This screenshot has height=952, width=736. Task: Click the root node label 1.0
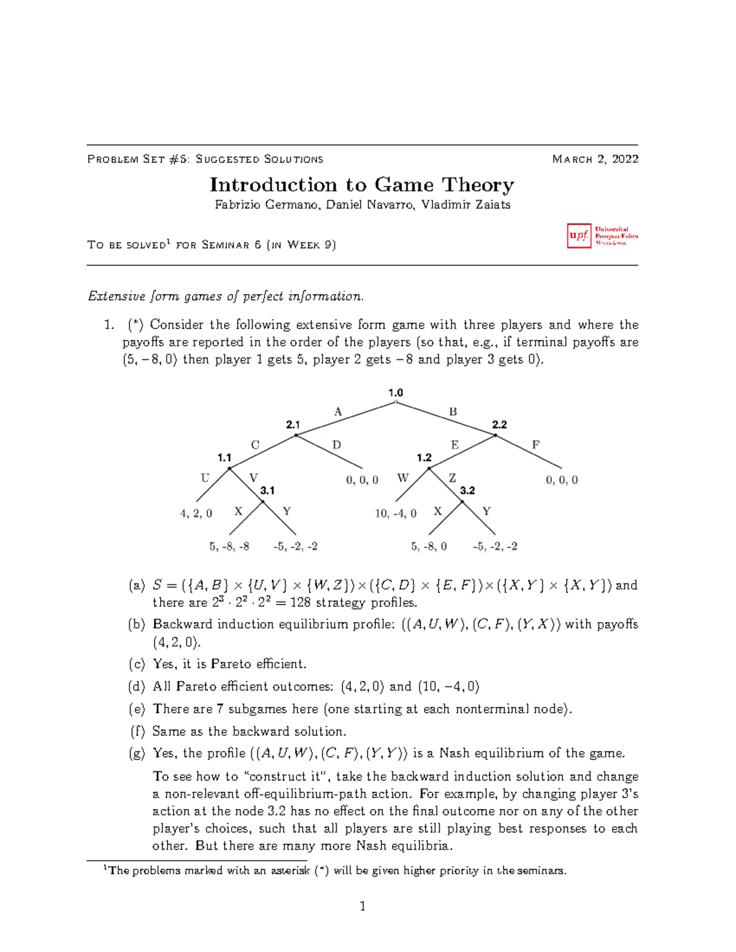[x=396, y=393]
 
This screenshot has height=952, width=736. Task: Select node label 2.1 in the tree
[x=293, y=424]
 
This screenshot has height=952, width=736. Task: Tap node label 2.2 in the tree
[x=499, y=424]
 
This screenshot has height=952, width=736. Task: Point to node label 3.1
[x=267, y=490]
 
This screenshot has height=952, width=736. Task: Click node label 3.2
[x=467, y=490]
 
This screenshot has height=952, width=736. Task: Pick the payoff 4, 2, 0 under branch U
[x=196, y=514]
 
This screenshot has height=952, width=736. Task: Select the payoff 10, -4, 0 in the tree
[x=396, y=514]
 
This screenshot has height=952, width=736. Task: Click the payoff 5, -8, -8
[x=229, y=546]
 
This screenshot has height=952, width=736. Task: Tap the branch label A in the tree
[x=337, y=412]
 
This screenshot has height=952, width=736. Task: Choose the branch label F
[x=535, y=445]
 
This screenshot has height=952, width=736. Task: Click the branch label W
[x=402, y=478]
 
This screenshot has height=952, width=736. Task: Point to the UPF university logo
[x=602, y=236]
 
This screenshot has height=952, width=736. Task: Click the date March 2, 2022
[x=595, y=159]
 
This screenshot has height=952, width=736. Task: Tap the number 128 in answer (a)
[x=301, y=603]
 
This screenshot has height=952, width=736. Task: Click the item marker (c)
[x=137, y=664]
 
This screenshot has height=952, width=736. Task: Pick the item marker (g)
[x=137, y=753]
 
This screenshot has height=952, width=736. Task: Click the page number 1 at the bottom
[x=362, y=906]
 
